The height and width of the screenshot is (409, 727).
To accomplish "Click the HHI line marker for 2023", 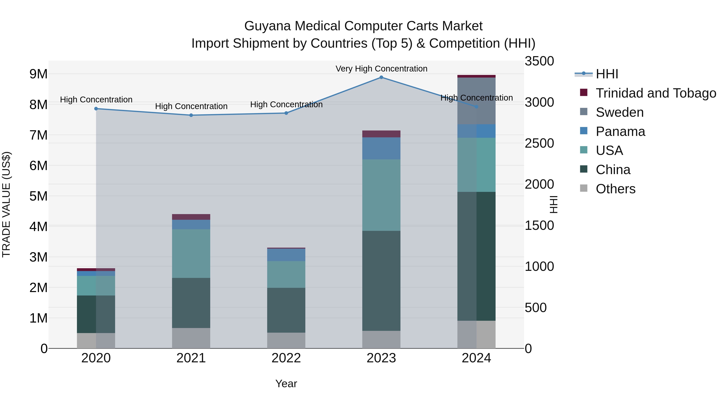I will pyautogui.click(x=381, y=77).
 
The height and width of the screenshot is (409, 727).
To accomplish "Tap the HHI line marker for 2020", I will pyautogui.click(x=96, y=109).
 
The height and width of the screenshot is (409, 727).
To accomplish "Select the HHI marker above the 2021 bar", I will pyautogui.click(x=191, y=115).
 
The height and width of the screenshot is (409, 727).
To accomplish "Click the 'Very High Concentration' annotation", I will pyautogui.click(x=381, y=69).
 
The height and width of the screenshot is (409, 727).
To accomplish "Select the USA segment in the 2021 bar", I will pyautogui.click(x=191, y=253).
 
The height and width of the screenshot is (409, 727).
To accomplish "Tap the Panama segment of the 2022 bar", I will pyautogui.click(x=286, y=255).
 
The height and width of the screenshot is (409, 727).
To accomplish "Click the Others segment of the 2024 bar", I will pyautogui.click(x=476, y=334).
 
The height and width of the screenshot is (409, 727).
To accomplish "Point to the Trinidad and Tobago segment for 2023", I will pyautogui.click(x=381, y=134).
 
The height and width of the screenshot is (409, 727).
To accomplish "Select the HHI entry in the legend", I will pyautogui.click(x=607, y=74).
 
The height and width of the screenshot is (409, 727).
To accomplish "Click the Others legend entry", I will pyautogui.click(x=615, y=189).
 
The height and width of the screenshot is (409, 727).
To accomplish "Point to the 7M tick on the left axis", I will pyautogui.click(x=39, y=135).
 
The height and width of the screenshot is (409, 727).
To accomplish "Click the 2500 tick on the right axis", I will pyautogui.click(x=539, y=143).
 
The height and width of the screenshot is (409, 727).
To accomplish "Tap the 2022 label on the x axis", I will pyautogui.click(x=286, y=358).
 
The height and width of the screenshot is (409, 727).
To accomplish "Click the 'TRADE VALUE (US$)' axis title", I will pyautogui.click(x=6, y=204).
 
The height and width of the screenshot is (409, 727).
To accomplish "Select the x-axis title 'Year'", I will pyautogui.click(x=286, y=384).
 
